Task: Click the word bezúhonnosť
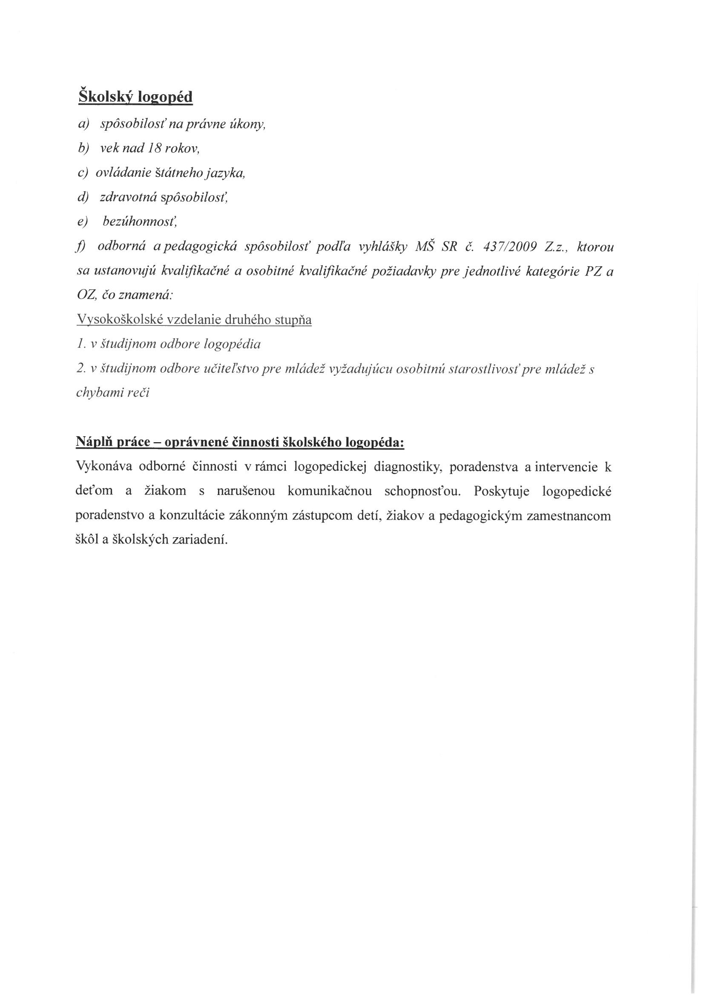tap(140, 222)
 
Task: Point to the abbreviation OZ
tap(86, 296)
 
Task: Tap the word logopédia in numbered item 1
tap(232, 345)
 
